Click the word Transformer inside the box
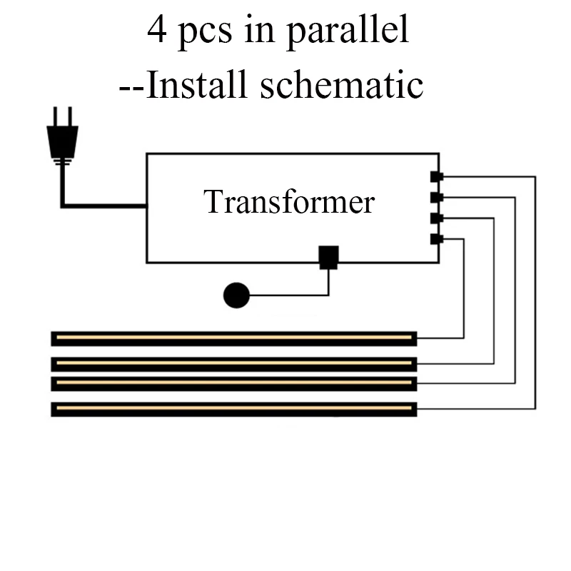pyautogui.click(x=289, y=202)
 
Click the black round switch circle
pyautogui.click(x=236, y=295)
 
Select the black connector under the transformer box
pyautogui.click(x=328, y=257)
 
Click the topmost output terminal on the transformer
pyautogui.click(x=437, y=176)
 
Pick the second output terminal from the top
pyautogui.click(x=437, y=197)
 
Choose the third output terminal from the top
pyautogui.click(x=437, y=218)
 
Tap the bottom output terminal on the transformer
pyautogui.click(x=437, y=238)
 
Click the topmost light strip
pyautogui.click(x=234, y=338)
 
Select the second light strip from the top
pyautogui.click(x=234, y=364)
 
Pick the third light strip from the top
pyautogui.click(x=234, y=383)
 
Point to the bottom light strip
pyautogui.click(x=234, y=410)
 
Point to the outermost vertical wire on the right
pyautogui.click(x=535, y=293)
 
